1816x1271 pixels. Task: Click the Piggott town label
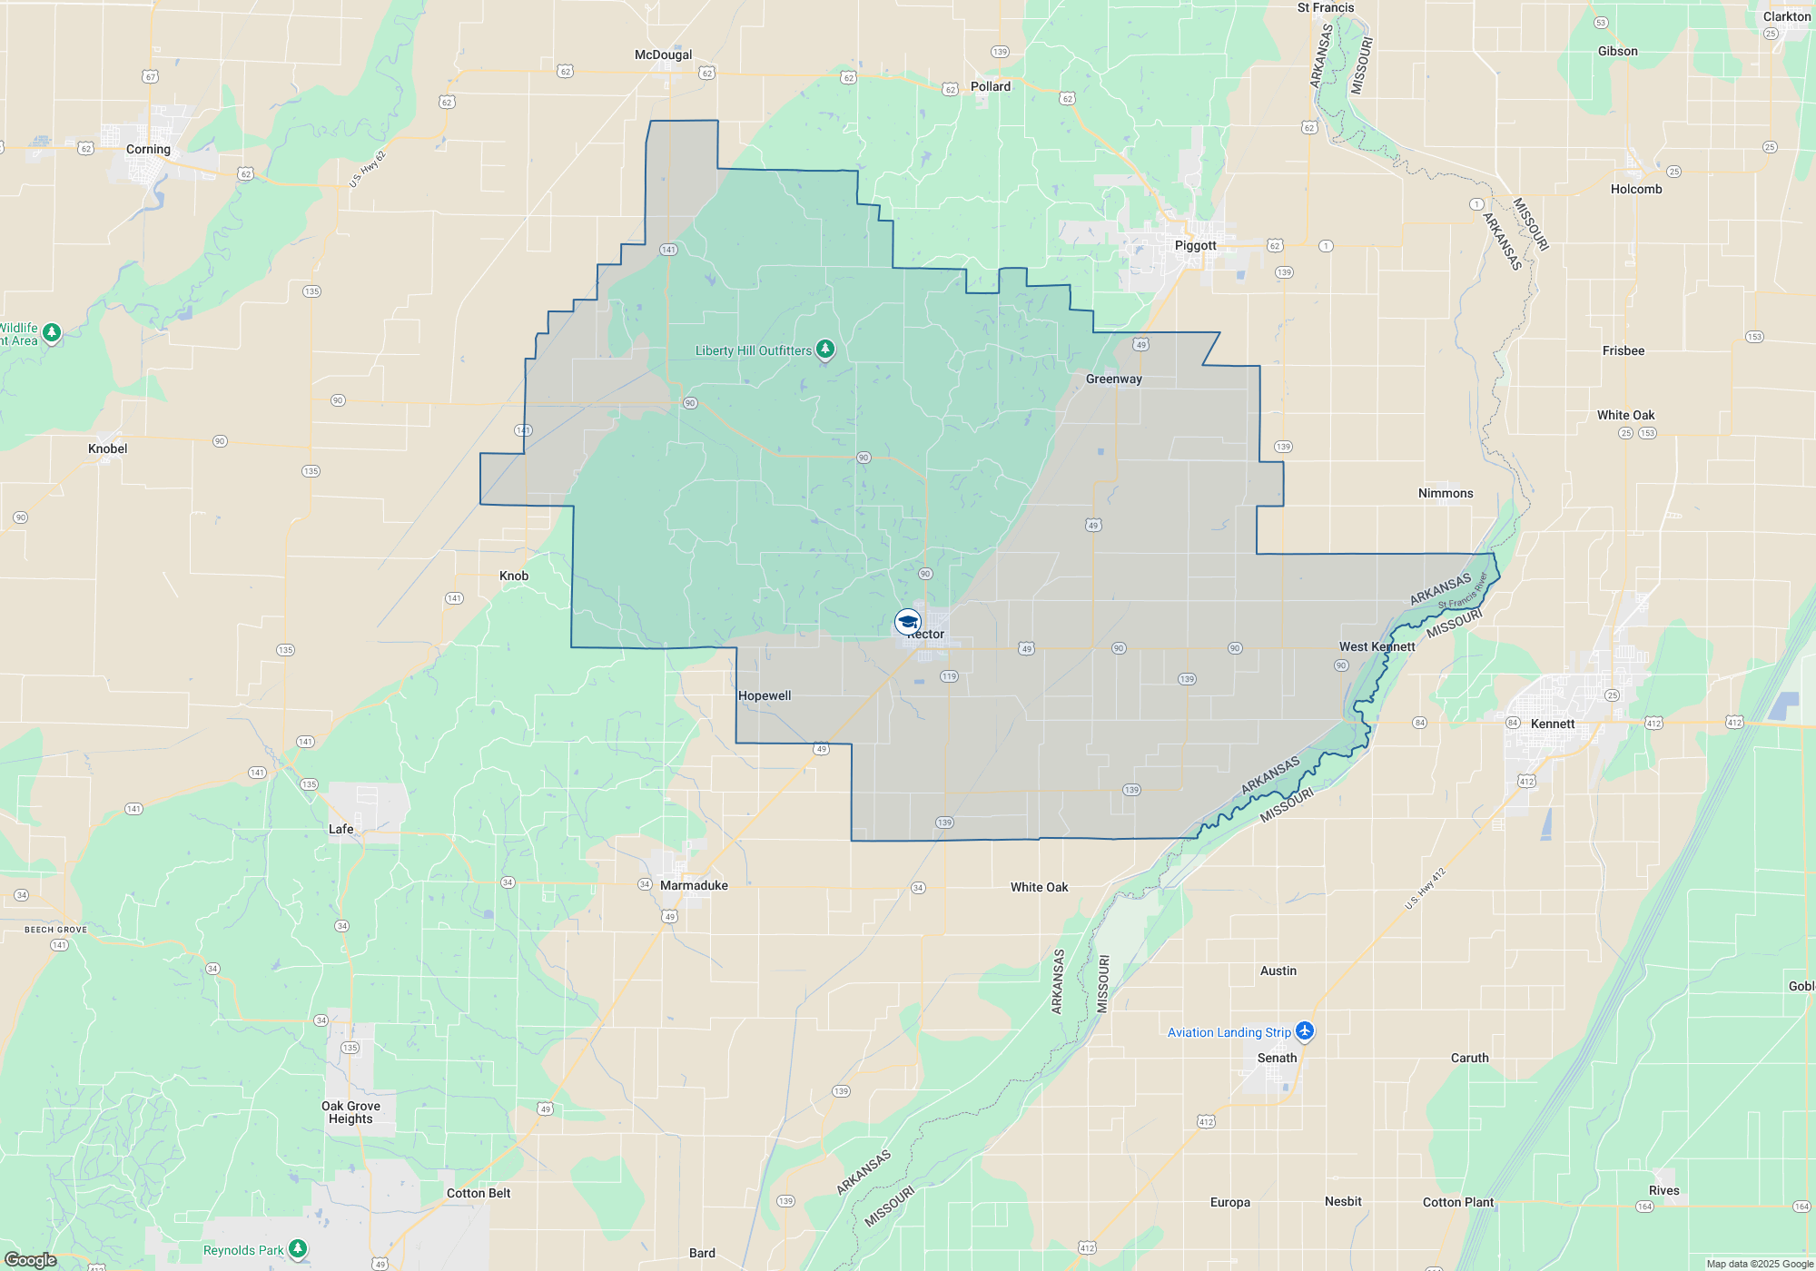(1195, 245)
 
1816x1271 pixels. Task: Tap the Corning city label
(148, 149)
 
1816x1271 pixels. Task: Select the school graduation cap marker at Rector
(907, 622)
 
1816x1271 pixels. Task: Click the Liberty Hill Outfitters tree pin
(824, 349)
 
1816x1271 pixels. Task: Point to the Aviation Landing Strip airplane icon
(1305, 1030)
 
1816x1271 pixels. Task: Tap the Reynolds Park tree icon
(297, 1249)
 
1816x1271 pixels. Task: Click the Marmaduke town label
(694, 885)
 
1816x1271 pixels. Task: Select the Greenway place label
(1113, 379)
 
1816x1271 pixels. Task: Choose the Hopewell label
(765, 695)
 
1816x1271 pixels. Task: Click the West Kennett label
(1377, 646)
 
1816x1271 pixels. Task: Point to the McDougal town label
(663, 54)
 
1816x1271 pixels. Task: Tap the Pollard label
(990, 86)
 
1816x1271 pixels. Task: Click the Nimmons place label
(1446, 493)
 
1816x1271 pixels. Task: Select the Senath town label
(1277, 1058)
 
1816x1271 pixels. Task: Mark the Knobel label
(107, 448)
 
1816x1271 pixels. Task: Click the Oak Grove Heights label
(350, 1112)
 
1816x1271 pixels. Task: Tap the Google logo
(31, 1259)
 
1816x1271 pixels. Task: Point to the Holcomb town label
(1635, 189)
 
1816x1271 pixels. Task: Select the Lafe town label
(340, 829)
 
